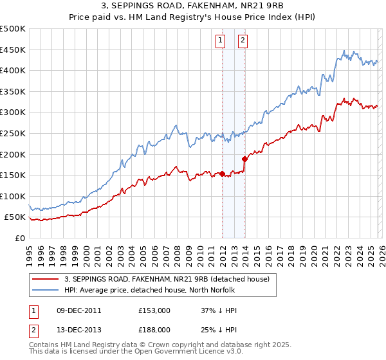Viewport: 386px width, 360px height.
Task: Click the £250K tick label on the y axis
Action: (13, 133)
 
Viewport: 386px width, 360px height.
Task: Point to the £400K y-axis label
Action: (13, 70)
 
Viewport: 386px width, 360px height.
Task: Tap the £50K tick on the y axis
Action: (15, 217)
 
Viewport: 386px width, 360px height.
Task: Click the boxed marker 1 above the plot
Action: (221, 40)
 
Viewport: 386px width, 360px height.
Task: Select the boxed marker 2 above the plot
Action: (243, 40)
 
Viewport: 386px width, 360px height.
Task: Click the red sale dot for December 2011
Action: (222, 174)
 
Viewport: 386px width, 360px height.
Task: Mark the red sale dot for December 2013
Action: (244, 159)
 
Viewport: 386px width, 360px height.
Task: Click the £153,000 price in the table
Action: (154, 310)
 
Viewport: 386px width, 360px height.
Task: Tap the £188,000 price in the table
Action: (154, 331)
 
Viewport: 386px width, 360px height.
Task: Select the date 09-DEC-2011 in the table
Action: (75, 310)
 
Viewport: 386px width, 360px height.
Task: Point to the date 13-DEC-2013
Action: (75, 331)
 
